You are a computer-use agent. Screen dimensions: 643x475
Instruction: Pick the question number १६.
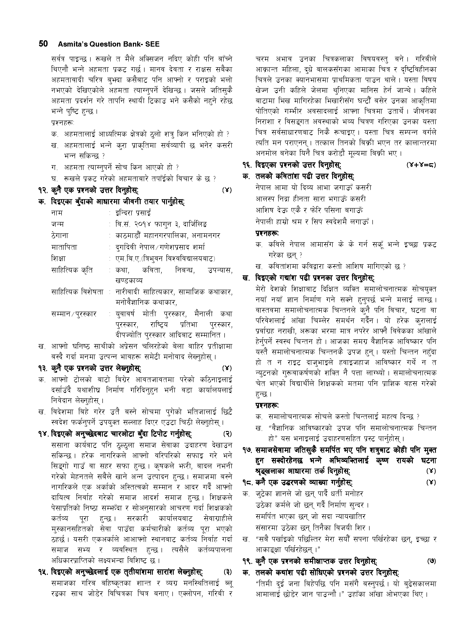[248, 165]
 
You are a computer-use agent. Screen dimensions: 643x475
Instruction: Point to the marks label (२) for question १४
[227, 434]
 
